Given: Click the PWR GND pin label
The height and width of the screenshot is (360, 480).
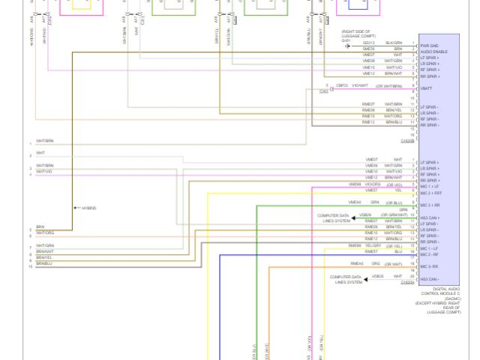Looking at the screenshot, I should [428, 45].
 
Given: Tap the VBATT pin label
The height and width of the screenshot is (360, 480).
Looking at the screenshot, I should [426, 88].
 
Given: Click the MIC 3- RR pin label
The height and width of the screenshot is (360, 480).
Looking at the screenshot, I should [430, 266].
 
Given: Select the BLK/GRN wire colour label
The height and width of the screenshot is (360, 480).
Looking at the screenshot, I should [394, 43].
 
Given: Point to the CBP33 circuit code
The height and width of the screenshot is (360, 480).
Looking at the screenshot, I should [342, 85].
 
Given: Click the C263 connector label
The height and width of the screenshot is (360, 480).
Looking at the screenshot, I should [323, 91].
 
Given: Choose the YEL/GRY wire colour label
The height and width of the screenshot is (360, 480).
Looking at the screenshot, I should [373, 245].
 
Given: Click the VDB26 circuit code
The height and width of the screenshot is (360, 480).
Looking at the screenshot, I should [365, 215].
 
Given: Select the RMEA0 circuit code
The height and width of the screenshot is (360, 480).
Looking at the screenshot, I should [356, 263].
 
